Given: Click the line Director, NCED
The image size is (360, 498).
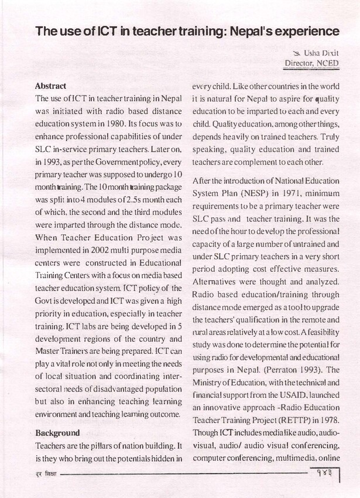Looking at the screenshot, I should tap(311, 63).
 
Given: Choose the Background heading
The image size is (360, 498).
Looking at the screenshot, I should tap(57, 433).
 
